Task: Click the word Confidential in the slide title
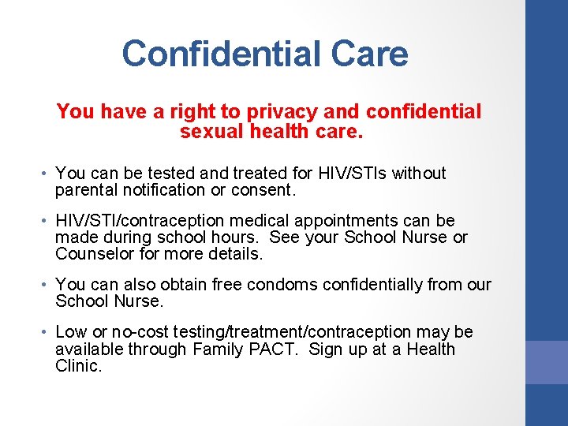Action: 218,54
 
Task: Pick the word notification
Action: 164,190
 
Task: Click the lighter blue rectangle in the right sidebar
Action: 547,362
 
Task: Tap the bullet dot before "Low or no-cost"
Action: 47,331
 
